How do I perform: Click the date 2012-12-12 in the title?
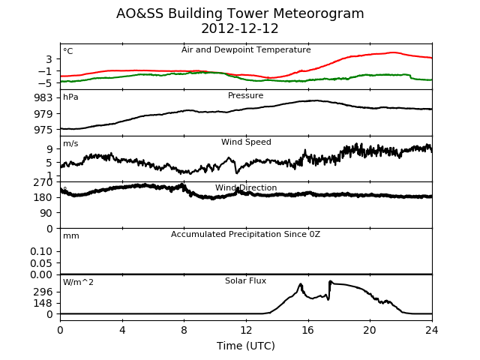[240, 28]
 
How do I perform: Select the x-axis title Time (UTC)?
[246, 346]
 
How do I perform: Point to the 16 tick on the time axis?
[308, 330]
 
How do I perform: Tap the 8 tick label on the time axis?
[184, 330]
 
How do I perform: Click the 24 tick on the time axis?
[432, 330]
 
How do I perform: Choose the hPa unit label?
[70, 97]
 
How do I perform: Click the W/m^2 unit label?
[78, 282]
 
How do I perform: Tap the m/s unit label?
[70, 143]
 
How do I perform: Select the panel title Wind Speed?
[246, 142]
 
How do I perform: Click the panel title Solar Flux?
[245, 280]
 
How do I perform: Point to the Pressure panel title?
[245, 95]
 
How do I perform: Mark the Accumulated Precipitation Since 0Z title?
[245, 235]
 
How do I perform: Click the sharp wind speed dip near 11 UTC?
[237, 172]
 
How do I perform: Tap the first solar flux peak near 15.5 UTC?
[300, 284]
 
